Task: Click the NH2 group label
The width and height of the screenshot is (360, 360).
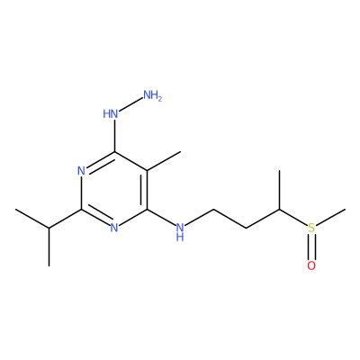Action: pos(152,95)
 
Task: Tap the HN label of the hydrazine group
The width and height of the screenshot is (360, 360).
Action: pos(111,114)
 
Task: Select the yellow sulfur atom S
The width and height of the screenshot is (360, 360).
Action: pos(311,228)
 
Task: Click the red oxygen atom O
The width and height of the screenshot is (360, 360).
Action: pos(311,265)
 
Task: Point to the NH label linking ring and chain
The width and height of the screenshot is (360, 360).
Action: pos(180,231)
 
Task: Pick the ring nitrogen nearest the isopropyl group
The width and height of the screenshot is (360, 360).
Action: pos(81,171)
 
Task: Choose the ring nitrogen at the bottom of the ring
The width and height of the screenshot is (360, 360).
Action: pos(114,228)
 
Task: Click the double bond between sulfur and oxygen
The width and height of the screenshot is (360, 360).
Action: pos(311,247)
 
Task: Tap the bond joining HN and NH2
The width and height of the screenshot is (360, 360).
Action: pos(130,104)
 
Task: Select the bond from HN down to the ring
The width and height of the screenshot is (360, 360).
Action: pos(114,136)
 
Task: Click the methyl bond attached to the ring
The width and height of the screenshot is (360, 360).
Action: pos(164,161)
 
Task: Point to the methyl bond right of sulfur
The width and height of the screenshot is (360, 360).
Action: pos(331,217)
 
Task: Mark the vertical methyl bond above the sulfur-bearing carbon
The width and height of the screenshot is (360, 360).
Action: pos(279,190)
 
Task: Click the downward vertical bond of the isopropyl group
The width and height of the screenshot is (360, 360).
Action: pos(49,247)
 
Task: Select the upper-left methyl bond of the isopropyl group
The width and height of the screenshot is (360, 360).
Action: pos(32,219)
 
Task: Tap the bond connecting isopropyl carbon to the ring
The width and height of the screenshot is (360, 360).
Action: pos(65,219)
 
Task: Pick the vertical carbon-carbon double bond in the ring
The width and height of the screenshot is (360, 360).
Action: pos(144,190)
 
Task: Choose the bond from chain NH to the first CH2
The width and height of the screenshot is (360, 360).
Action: pos(199,217)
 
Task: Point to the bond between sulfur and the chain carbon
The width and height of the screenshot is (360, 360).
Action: pos(293,217)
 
